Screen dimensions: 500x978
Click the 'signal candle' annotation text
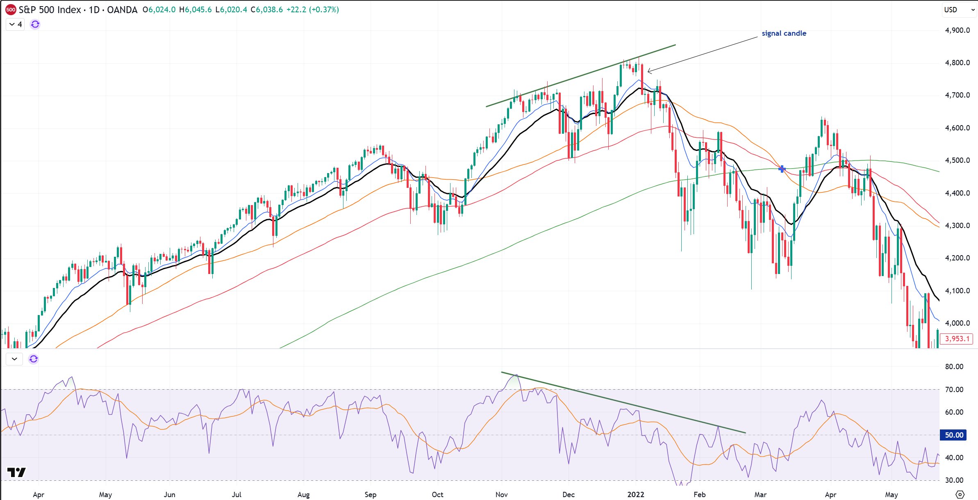(x=784, y=33)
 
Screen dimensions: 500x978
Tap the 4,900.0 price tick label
(x=957, y=30)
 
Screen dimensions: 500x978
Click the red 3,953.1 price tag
(x=957, y=339)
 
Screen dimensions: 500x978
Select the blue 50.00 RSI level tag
(x=953, y=435)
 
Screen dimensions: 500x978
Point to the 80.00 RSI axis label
(x=954, y=366)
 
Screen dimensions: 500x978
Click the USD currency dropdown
(x=959, y=9)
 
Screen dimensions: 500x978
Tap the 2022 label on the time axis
(x=635, y=494)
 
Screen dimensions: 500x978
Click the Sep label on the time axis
(x=370, y=494)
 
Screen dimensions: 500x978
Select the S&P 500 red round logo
(x=11, y=9)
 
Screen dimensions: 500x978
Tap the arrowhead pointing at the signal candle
(x=649, y=71)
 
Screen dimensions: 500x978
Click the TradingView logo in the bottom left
(x=17, y=472)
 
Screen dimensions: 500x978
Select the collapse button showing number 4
(x=16, y=24)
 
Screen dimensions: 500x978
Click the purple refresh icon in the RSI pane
(x=34, y=359)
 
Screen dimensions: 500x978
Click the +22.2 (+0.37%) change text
(x=313, y=9)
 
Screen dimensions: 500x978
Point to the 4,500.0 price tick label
(x=957, y=160)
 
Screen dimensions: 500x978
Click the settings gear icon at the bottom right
(x=960, y=494)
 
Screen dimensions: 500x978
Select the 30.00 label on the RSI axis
(x=954, y=480)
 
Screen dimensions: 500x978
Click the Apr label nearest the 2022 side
(x=830, y=494)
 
